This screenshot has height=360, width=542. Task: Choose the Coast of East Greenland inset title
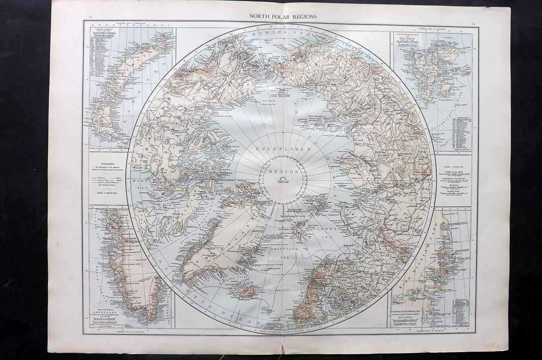[x=408, y=310]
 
